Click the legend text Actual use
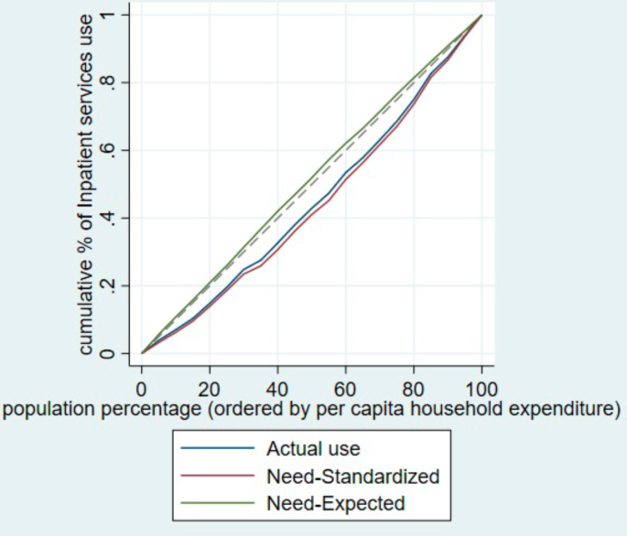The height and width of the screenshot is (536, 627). pos(312,449)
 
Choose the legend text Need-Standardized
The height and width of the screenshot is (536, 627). pos(352,477)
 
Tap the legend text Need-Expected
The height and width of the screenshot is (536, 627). pos(335,503)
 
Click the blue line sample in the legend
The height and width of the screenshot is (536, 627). pos(218,449)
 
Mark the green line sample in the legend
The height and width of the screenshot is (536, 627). pos(218,503)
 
